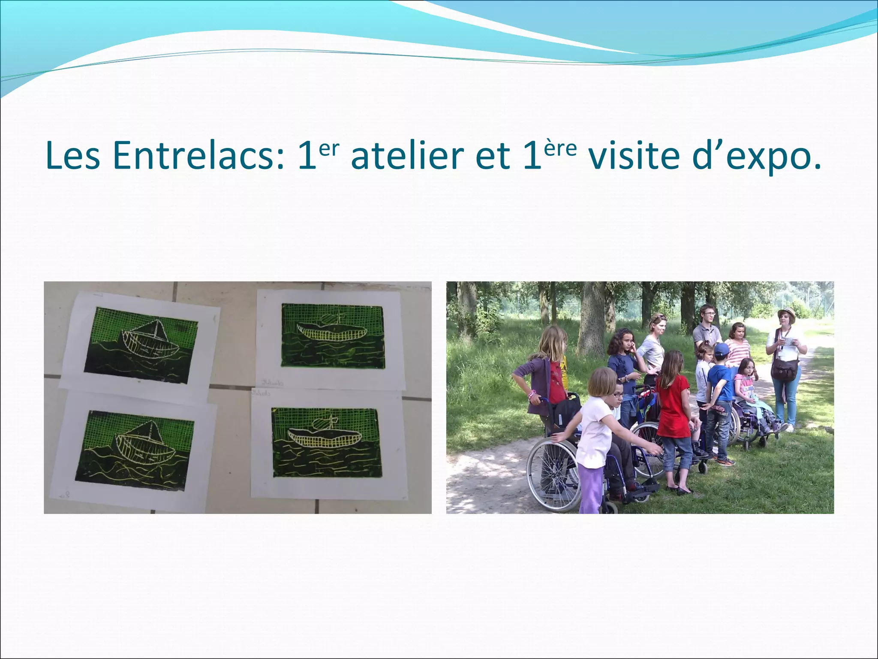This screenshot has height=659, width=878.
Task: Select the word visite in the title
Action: pyautogui.click(x=634, y=155)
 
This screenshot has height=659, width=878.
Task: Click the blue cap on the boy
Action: pyautogui.click(x=721, y=348)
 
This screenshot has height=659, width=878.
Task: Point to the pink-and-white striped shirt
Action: pyautogui.click(x=738, y=352)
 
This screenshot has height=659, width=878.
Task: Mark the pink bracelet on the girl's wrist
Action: pyautogui.click(x=532, y=393)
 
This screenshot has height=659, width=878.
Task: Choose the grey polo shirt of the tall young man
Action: pyautogui.click(x=707, y=335)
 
